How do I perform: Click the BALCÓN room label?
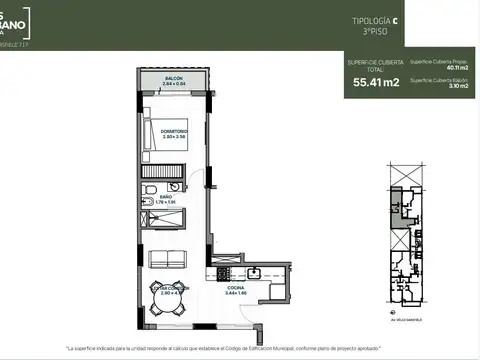[174, 78]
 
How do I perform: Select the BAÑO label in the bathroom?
[166, 197]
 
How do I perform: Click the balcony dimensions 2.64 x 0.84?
[174, 84]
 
